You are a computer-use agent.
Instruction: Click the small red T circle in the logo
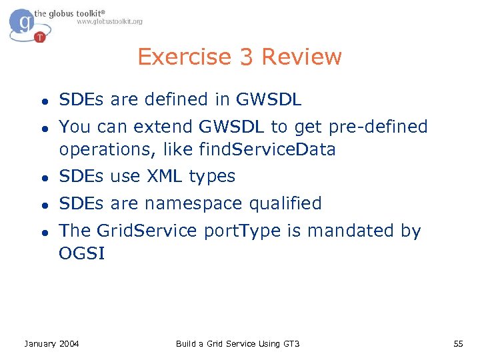(40, 37)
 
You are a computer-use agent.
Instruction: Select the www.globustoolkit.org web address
(109, 22)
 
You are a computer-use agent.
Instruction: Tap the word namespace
(197, 203)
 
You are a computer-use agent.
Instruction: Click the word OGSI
(81, 253)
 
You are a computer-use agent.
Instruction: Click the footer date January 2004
(51, 343)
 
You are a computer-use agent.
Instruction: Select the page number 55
(457, 343)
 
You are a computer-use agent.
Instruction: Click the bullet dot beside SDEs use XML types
(42, 177)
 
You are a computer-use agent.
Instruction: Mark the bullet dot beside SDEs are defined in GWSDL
(42, 101)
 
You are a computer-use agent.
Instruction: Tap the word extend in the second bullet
(146, 126)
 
